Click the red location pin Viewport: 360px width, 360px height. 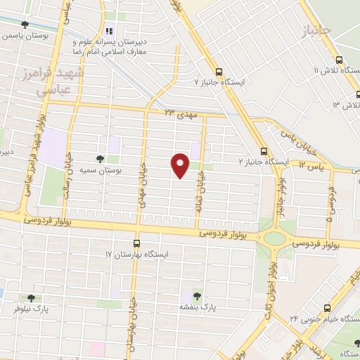click(x=181, y=165)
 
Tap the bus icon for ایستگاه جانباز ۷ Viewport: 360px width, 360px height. click(x=218, y=72)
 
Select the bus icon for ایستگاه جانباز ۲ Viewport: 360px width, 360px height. click(x=264, y=150)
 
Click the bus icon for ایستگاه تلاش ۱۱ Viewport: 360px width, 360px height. click(x=339, y=60)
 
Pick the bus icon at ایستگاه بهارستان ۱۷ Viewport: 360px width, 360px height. click(x=137, y=243)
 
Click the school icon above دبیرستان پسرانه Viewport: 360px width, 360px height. click(x=109, y=31)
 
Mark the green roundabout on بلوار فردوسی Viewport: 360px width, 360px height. click(x=275, y=238)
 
